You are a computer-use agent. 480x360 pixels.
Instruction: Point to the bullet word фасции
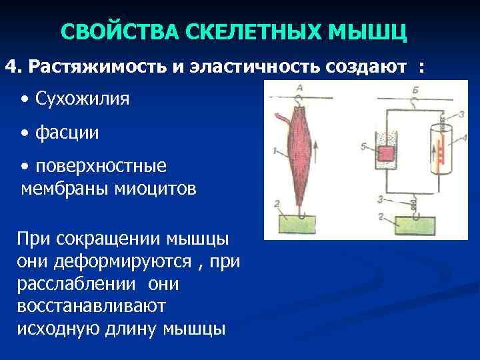click(67, 132)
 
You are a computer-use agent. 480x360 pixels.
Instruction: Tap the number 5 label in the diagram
click(363, 146)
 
